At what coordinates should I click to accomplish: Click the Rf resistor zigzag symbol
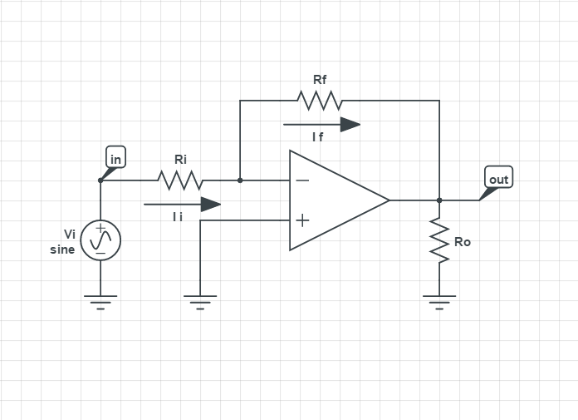click(320, 101)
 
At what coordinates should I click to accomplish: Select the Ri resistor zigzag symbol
click(180, 180)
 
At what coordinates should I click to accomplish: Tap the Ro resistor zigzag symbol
click(439, 242)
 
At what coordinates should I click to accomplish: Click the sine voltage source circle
click(100, 240)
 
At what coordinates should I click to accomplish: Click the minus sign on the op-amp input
click(302, 180)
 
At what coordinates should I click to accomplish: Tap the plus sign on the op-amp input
click(302, 220)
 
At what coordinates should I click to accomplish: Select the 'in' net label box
click(116, 158)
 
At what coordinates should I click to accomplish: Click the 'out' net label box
click(498, 179)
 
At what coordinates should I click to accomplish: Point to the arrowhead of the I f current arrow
click(350, 124)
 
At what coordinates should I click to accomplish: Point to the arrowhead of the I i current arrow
click(211, 204)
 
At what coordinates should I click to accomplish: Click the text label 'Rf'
click(320, 80)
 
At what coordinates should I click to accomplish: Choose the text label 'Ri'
click(180, 159)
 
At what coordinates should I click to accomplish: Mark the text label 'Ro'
click(463, 242)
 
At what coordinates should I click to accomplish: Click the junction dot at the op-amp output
click(439, 200)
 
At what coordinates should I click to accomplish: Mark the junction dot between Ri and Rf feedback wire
click(240, 180)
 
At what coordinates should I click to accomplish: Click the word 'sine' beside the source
click(62, 250)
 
